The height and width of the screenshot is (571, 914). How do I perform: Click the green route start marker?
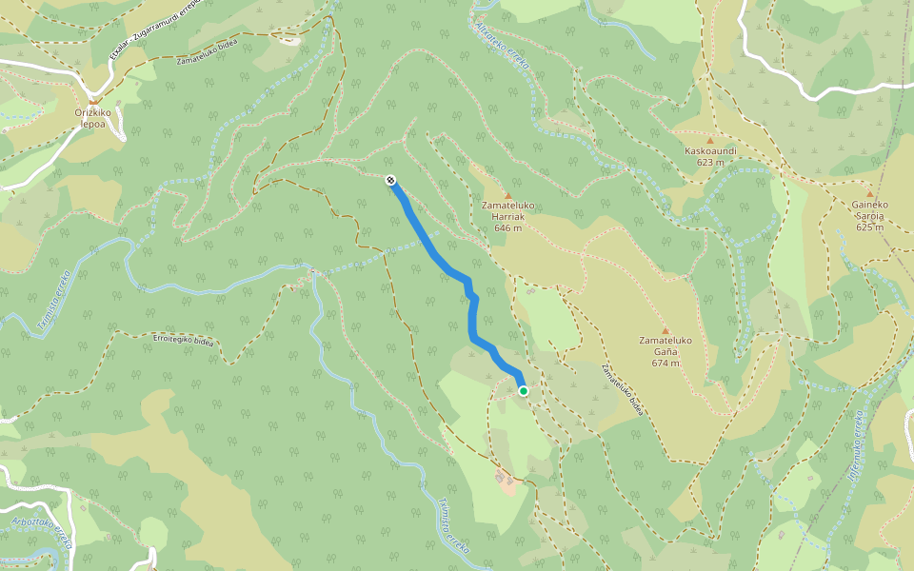click(524, 391)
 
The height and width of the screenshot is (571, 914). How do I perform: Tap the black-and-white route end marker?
click(391, 180)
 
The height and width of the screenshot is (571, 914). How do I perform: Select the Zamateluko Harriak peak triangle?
click(507, 196)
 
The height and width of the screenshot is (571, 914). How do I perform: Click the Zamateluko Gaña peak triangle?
click(666, 331)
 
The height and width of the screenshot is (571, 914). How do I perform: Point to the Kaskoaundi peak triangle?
click(709, 140)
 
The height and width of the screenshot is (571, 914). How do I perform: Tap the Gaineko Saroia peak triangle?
click(869, 194)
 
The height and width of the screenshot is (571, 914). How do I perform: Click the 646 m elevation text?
click(507, 228)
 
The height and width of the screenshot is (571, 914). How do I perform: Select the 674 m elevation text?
click(666, 363)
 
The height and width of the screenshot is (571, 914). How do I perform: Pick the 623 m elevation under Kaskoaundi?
click(710, 162)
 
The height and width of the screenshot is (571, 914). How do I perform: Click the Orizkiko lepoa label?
click(93, 117)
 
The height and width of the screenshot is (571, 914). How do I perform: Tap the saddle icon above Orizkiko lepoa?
click(93, 98)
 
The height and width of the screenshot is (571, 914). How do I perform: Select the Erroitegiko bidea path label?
click(183, 340)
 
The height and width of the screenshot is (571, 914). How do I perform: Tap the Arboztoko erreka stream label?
click(42, 534)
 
